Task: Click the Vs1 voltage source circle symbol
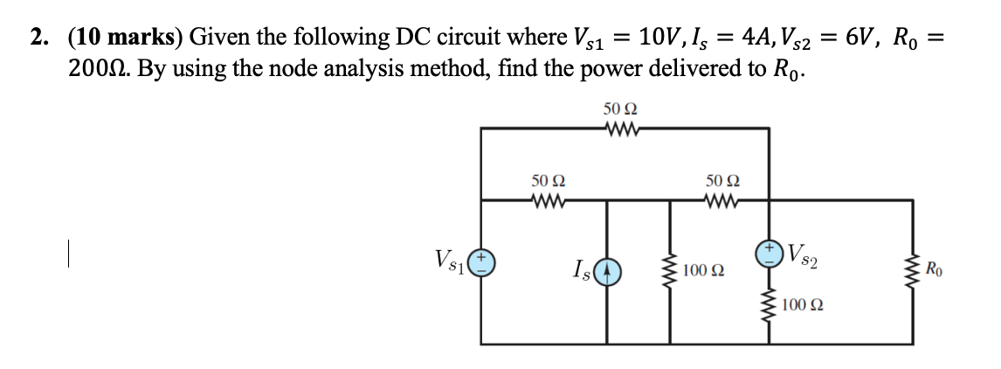pyautogui.click(x=481, y=262)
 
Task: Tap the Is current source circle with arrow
pyautogui.click(x=608, y=271)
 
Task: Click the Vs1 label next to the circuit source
pyautogui.click(x=452, y=260)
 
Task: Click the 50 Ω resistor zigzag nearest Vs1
pyautogui.click(x=549, y=200)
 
